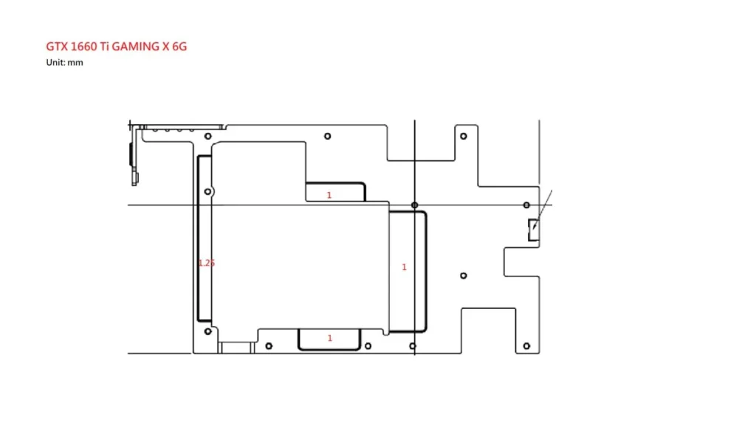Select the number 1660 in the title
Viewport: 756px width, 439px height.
(84, 47)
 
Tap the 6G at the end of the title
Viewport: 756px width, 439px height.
(179, 47)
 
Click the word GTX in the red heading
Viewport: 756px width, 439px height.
(57, 47)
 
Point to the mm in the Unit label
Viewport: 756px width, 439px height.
(75, 63)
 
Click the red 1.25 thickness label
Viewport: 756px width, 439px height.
(207, 263)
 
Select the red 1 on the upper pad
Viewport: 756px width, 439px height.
(329, 195)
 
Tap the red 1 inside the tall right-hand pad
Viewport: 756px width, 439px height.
(404, 267)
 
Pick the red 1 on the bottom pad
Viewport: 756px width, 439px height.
(330, 338)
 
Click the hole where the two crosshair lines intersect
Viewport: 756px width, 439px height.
(415, 205)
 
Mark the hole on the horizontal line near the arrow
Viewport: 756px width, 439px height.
(526, 205)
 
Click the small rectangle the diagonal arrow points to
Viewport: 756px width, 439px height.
(533, 230)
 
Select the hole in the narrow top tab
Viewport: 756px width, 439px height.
(464, 136)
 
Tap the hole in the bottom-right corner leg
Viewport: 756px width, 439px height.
(526, 346)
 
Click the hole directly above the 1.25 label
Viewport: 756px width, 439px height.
(207, 191)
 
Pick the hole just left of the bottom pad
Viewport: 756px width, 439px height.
(269, 346)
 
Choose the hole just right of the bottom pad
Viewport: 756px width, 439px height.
(368, 346)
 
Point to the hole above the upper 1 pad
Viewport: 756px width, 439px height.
(327, 136)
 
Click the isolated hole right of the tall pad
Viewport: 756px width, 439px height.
(464, 276)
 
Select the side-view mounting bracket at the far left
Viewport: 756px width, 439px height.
(135, 154)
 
